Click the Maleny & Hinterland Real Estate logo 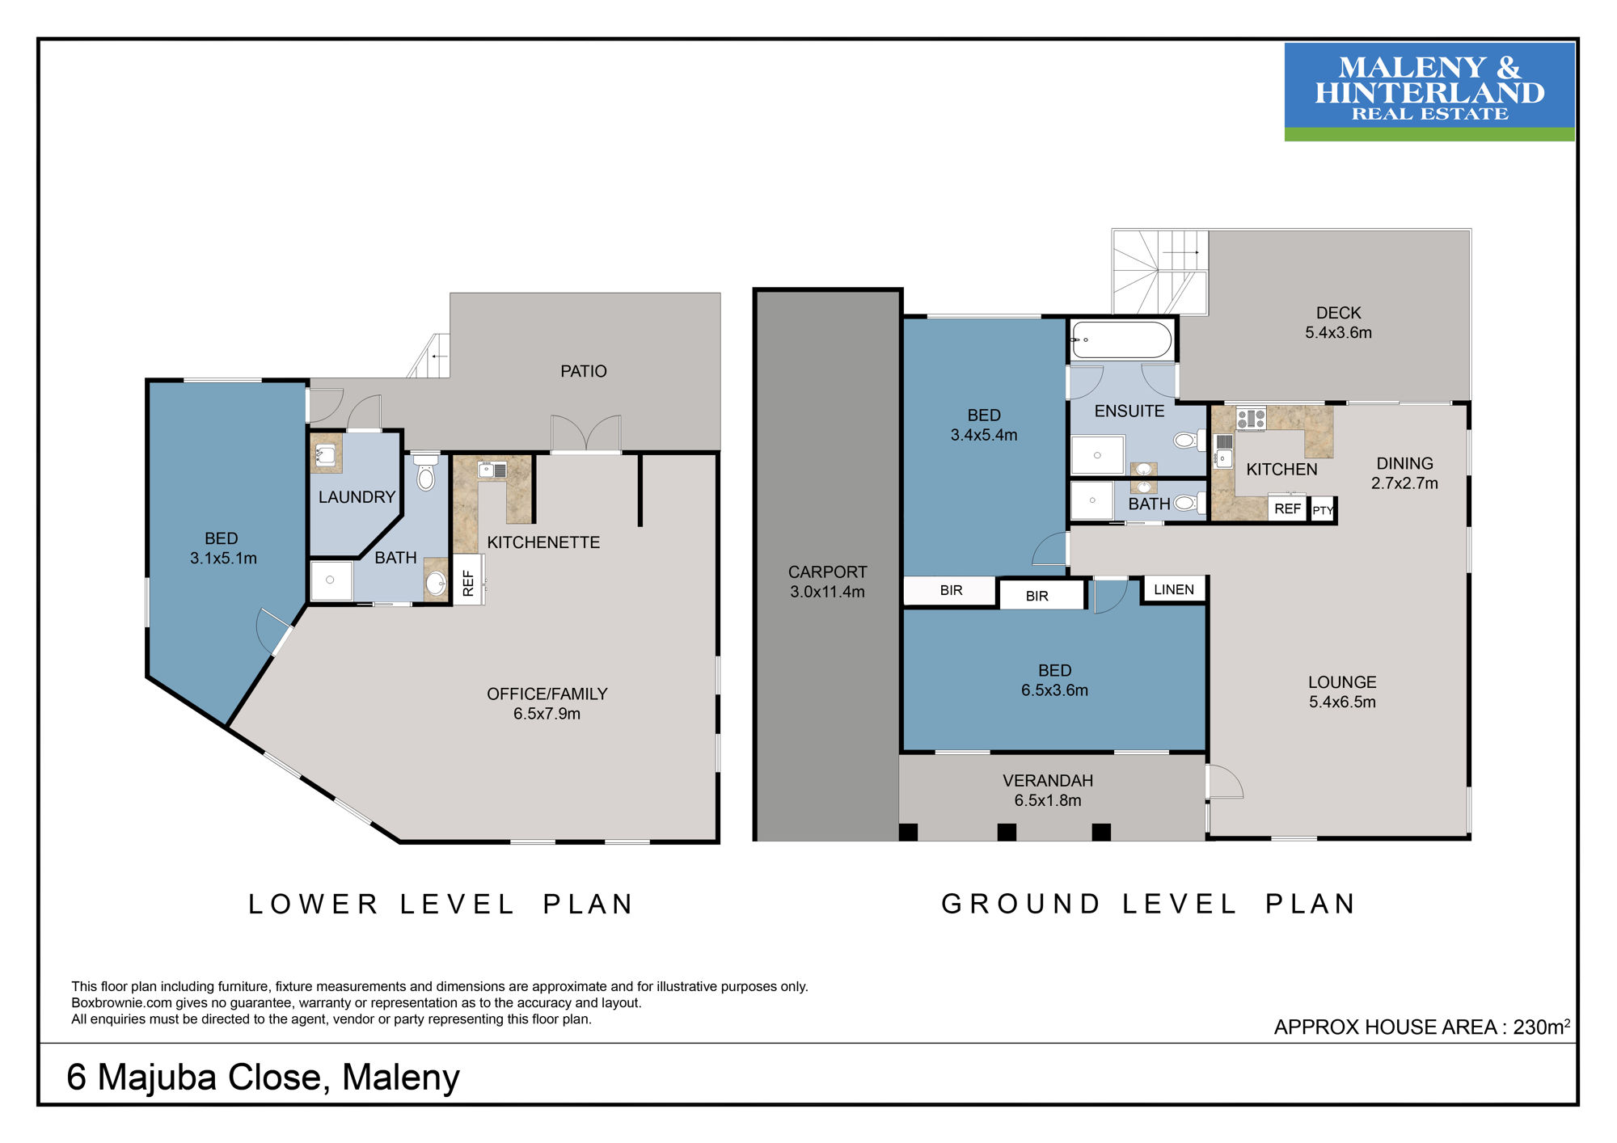[x=1429, y=92]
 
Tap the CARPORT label [x=827, y=571]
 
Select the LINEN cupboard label [x=1173, y=589]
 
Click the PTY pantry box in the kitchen [x=1323, y=510]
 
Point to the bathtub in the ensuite [x=1121, y=340]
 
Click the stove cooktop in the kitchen [x=1251, y=419]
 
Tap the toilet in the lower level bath [x=425, y=472]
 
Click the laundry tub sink [x=326, y=455]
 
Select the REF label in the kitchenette [x=468, y=582]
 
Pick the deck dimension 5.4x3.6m [x=1338, y=332]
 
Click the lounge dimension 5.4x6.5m [x=1342, y=702]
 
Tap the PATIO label [x=583, y=371]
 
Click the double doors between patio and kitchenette [x=586, y=434]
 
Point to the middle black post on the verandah [x=1007, y=832]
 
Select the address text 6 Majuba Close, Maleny [x=263, y=1078]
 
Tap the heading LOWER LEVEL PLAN [x=441, y=904]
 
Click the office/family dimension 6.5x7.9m [x=547, y=714]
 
